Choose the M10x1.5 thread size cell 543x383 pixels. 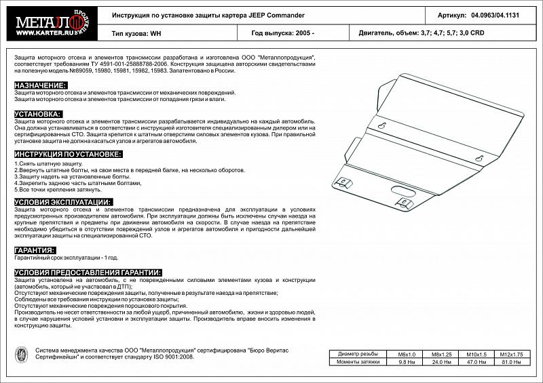pos(477,355)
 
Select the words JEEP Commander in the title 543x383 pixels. pos(257,14)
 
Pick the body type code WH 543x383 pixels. pos(155,33)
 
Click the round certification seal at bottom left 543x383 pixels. pos(21,356)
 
